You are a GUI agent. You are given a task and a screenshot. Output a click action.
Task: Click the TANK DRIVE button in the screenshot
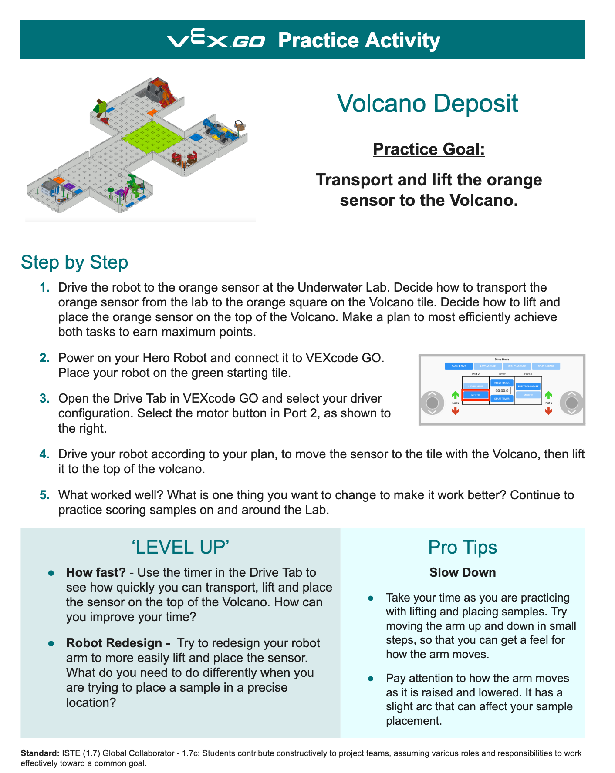(x=459, y=366)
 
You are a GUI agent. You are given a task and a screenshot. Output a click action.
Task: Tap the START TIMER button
(x=502, y=398)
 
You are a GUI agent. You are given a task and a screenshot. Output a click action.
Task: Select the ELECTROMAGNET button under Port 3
(x=528, y=386)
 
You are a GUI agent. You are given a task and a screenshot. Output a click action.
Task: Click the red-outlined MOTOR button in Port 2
(x=476, y=395)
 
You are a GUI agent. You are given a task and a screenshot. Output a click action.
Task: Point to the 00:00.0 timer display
(x=502, y=391)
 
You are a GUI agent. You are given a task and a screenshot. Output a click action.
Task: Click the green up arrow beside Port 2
(x=455, y=395)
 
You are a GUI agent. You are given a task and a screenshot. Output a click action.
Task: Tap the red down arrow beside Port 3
(x=548, y=411)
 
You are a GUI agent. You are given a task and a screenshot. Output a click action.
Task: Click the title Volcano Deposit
(x=427, y=104)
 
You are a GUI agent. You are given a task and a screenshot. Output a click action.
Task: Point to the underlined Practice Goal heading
(x=429, y=149)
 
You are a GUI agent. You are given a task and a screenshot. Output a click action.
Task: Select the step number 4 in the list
(x=44, y=454)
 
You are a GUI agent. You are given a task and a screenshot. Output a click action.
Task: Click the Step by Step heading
(x=74, y=262)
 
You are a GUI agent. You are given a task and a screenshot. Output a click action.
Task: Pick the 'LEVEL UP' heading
(x=180, y=547)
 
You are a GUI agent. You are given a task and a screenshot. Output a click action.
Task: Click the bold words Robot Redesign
(x=114, y=643)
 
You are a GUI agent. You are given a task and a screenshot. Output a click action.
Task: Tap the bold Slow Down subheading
(x=462, y=572)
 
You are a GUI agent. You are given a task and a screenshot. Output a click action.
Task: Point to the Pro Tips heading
(x=462, y=547)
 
